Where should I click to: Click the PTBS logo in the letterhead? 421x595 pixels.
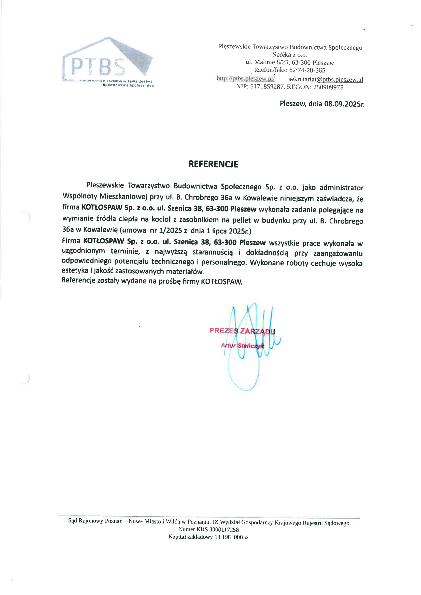tap(107, 62)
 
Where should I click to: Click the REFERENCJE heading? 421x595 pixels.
tap(213, 164)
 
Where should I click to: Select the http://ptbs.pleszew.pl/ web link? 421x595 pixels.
tap(245, 78)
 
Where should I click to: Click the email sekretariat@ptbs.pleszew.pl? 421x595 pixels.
tap(326, 79)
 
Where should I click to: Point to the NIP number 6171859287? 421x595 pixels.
tap(267, 87)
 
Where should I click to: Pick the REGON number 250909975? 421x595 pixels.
tap(328, 87)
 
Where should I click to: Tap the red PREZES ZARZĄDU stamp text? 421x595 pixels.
tap(242, 331)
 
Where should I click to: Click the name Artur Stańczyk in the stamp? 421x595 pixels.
tap(242, 345)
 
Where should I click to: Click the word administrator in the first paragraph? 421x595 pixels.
tap(341, 188)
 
